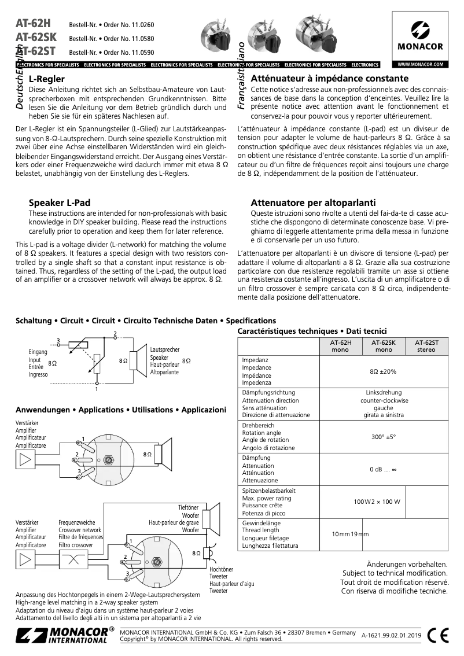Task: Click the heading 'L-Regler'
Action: point(46,79)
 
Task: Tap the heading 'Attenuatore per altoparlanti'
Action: point(313,203)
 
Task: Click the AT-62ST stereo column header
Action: point(427,346)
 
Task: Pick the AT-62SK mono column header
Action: point(384,346)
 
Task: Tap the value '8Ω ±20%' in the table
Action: point(384,371)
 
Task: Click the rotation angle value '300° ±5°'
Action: point(384,437)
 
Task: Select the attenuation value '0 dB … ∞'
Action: point(384,469)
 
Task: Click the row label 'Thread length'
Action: point(261,530)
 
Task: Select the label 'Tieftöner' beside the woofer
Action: point(188,507)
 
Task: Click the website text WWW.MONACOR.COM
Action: point(420,64)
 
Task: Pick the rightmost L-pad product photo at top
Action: point(314,36)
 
